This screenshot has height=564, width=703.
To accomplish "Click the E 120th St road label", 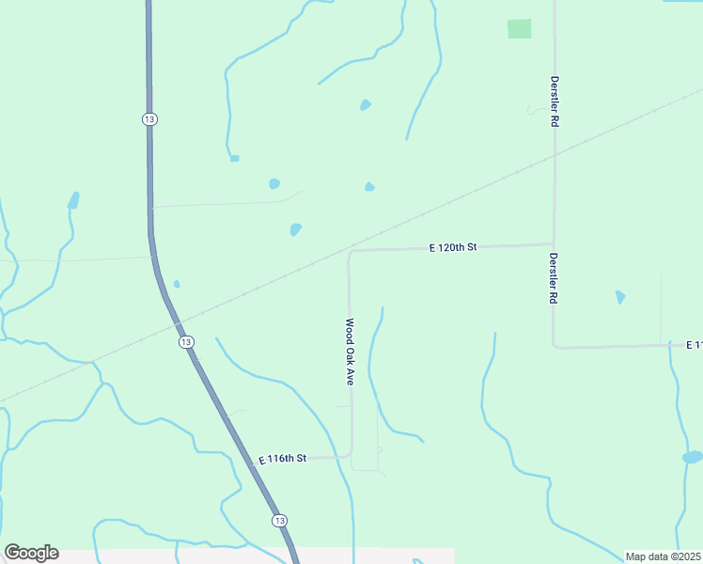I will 454,247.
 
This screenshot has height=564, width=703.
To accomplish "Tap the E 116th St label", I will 283,459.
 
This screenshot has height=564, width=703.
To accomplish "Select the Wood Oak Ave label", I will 349,352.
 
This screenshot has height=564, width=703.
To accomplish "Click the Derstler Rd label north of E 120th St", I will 555,102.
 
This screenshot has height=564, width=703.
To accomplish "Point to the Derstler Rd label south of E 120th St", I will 555,277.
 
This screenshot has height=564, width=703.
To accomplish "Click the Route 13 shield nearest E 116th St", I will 279,520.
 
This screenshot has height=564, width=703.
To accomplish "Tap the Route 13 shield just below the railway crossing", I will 186,342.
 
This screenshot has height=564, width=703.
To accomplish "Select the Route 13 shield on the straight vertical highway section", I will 149,118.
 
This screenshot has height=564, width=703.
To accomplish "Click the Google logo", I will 31,553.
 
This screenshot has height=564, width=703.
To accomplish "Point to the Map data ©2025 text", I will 664,556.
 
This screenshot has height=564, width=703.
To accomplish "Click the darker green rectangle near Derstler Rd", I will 520,29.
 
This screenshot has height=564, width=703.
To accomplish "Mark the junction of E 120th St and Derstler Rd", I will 554,244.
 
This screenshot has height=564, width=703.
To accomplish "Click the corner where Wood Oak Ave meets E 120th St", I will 350,252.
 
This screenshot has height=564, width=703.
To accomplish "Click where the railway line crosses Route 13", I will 177,324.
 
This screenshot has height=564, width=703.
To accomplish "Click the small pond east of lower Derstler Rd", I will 620,297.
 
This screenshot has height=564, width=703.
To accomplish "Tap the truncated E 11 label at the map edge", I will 694,345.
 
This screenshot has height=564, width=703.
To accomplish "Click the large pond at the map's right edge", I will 693,457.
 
